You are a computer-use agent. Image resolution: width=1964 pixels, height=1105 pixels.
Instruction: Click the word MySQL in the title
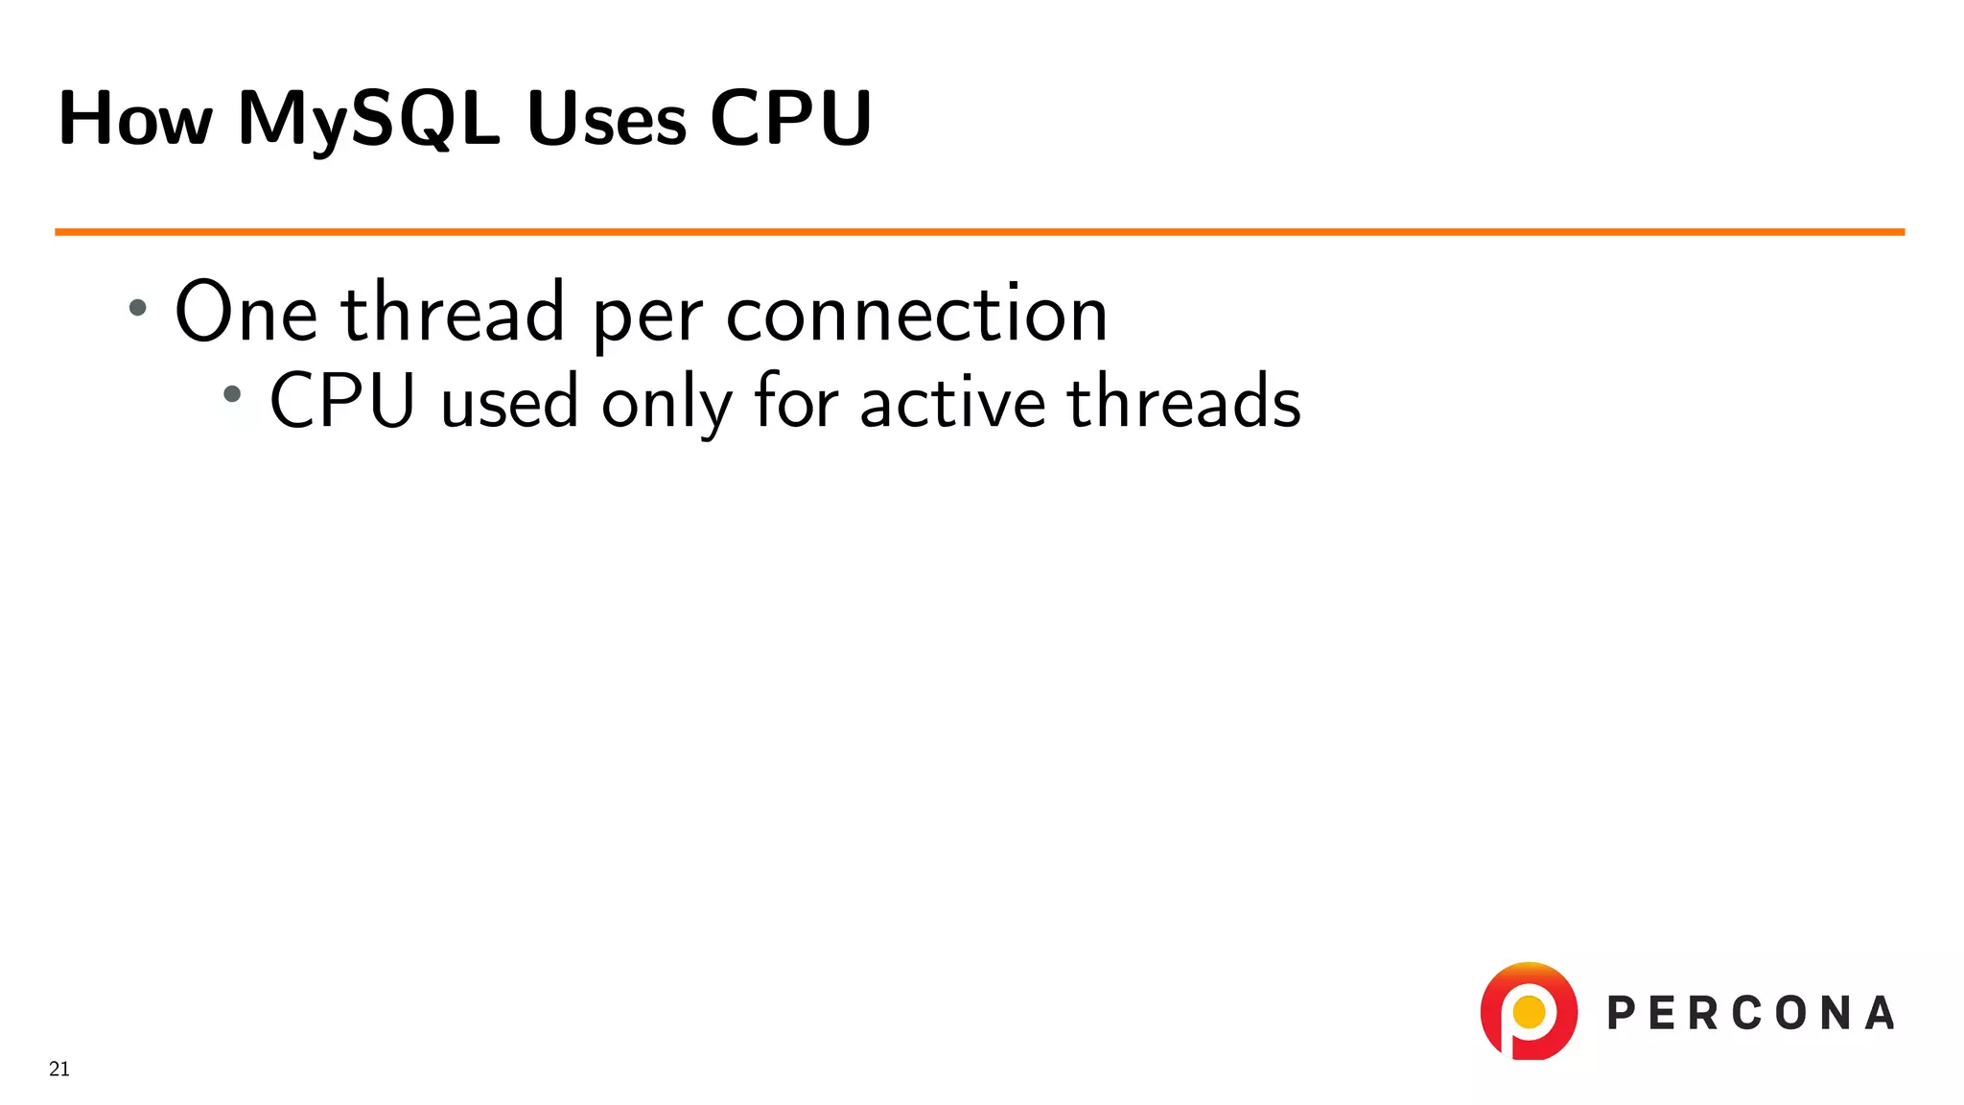(368, 119)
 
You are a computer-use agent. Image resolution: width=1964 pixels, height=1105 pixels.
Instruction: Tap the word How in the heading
(135, 119)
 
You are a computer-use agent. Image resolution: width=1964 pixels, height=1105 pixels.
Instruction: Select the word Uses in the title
(606, 119)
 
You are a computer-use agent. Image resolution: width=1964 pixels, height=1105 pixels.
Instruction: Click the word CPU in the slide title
(790, 119)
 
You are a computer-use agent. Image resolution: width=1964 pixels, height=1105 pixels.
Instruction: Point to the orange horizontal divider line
(978, 232)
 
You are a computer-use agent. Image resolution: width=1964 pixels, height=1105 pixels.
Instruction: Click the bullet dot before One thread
(138, 308)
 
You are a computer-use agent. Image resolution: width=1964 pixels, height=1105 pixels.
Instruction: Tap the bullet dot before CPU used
(232, 393)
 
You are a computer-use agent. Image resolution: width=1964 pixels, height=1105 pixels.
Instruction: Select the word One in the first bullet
(245, 313)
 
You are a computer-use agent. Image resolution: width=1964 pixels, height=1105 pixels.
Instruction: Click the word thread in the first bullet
(453, 313)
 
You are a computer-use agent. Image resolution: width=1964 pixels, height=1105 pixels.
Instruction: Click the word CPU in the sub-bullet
(341, 401)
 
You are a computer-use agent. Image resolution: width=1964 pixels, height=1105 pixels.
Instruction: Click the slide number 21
(59, 1069)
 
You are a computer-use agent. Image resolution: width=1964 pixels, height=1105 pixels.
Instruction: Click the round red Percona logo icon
(1529, 1011)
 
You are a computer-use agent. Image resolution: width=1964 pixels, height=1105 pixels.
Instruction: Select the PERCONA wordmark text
(1750, 1014)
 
